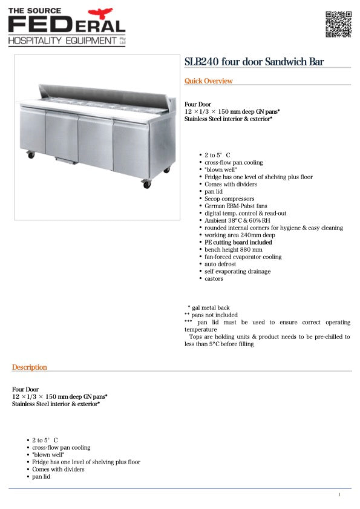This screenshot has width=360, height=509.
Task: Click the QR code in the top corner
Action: [338, 24]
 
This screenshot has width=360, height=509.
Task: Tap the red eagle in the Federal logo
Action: [100, 13]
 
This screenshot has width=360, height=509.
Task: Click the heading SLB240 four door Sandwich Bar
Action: [254, 62]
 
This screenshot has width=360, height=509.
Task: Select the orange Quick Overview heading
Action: [208, 81]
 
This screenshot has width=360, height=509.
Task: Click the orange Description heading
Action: [29, 367]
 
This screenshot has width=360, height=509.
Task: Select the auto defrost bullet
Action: [220, 264]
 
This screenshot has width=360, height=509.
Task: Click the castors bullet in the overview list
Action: [214, 278]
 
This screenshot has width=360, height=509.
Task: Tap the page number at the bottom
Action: [339, 495]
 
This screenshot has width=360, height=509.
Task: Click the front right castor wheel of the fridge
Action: [146, 185]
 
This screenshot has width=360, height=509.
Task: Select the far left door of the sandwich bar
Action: [32, 130]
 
